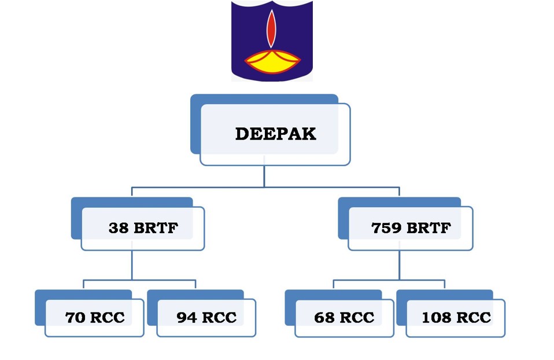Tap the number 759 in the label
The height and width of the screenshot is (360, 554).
[x=386, y=227]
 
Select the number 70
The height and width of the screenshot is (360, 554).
[x=75, y=317]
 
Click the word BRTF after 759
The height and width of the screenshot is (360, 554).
[x=428, y=227]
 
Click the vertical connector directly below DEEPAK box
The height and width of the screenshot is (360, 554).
[x=264, y=176]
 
